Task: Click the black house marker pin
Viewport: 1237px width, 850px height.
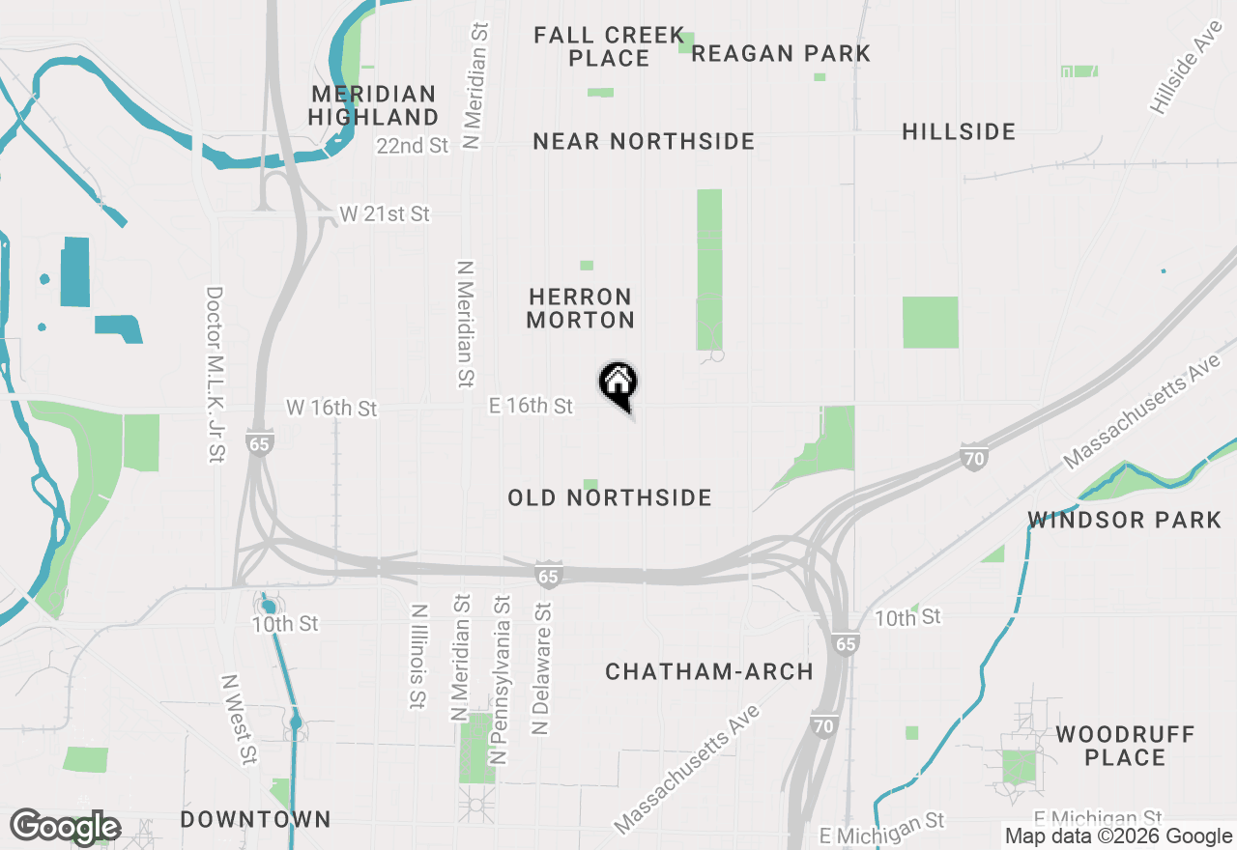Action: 618,384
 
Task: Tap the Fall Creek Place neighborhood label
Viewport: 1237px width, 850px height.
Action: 609,47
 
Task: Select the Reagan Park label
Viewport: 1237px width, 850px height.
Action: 781,53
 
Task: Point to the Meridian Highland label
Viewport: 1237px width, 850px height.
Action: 374,106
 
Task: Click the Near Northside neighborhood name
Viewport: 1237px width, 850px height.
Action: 644,142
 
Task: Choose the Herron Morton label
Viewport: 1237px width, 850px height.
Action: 581,308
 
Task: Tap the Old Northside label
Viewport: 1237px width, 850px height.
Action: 610,498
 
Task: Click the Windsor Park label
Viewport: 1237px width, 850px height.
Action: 1125,521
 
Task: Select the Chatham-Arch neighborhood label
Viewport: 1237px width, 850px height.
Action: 709,672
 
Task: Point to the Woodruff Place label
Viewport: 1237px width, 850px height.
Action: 1125,746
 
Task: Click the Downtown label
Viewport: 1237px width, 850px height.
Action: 256,820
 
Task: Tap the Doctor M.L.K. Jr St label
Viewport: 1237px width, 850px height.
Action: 215,374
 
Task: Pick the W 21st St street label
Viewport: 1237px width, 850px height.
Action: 385,214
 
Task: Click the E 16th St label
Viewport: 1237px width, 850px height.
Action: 532,407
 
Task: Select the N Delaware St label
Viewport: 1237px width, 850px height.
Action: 541,668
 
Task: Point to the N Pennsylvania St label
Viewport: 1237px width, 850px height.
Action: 500,680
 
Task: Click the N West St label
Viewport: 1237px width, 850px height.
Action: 240,720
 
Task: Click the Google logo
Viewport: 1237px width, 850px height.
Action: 65,827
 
